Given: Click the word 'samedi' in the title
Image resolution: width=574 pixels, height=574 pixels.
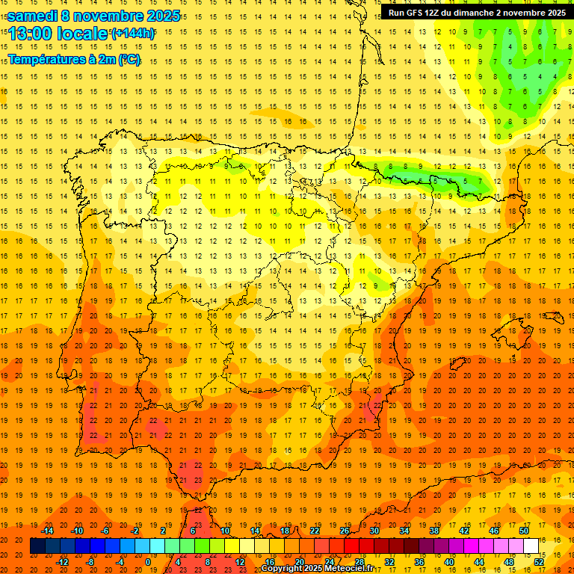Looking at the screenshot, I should click(x=32, y=16).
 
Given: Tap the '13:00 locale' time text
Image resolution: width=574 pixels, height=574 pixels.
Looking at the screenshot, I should click(x=58, y=34).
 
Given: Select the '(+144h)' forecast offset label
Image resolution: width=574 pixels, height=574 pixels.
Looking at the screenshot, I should click(x=133, y=33).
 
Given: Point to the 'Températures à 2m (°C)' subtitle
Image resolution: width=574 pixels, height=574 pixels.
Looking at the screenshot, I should click(x=74, y=59).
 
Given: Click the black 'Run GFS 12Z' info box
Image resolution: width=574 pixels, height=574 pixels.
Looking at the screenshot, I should click(x=476, y=12).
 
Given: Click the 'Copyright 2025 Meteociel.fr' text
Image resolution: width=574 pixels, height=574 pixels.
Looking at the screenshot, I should click(x=317, y=569).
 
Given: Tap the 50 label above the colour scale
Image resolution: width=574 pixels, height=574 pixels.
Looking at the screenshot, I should click(x=524, y=531).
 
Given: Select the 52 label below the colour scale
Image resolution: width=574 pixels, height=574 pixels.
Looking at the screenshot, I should click(x=539, y=561).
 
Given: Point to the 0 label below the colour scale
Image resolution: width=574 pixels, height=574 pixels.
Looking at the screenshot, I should click(x=148, y=561).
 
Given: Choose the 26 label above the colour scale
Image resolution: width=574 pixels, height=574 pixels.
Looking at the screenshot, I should click(x=345, y=531).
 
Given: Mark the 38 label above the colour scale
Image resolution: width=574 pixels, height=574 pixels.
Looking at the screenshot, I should click(x=434, y=531).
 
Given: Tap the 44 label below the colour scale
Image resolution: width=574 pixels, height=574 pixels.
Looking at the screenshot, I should click(x=479, y=561).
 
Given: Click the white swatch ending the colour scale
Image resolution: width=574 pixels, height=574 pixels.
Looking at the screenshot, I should click(x=531, y=546).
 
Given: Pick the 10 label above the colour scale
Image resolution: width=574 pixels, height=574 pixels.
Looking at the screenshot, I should click(x=225, y=531).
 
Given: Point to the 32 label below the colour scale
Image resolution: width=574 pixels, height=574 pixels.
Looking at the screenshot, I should click(x=389, y=561).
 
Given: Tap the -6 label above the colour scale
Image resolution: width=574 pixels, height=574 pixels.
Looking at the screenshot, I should click(x=105, y=531).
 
